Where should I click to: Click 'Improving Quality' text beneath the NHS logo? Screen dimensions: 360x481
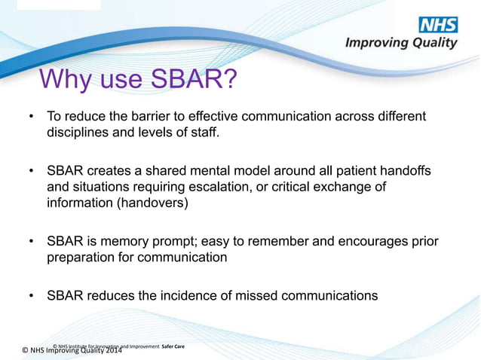click(x=401, y=43)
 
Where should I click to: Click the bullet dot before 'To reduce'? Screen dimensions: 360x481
click(x=31, y=117)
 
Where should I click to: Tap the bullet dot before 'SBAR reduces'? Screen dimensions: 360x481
click(x=31, y=296)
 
